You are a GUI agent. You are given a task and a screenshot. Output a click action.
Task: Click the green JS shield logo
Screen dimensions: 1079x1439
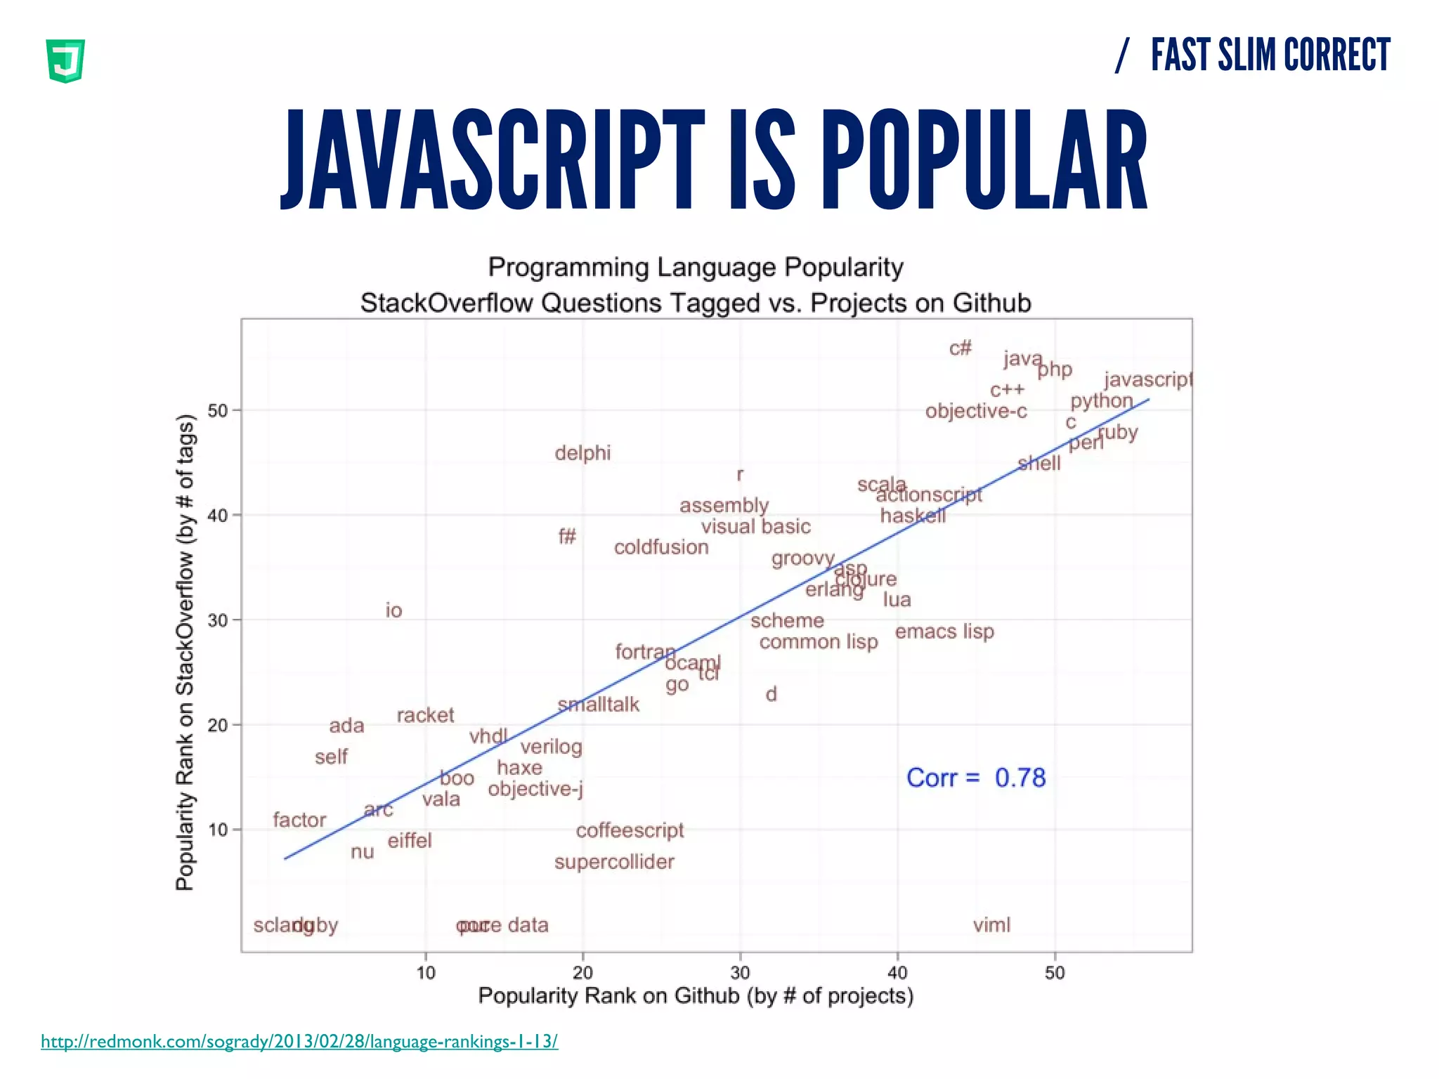point(65,61)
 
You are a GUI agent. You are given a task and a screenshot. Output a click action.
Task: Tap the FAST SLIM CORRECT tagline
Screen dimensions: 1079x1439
point(1270,55)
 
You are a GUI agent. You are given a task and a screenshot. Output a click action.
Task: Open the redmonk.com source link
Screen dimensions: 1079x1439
point(299,1041)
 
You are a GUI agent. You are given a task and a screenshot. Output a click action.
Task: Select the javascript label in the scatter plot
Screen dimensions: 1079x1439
point(1147,380)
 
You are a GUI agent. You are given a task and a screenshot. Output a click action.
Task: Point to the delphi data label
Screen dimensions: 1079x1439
point(582,453)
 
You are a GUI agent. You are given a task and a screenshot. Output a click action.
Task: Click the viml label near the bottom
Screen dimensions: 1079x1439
point(991,925)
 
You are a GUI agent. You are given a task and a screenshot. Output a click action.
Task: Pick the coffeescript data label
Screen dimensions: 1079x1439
point(630,830)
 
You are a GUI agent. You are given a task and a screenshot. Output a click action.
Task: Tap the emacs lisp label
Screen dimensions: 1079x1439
point(944,632)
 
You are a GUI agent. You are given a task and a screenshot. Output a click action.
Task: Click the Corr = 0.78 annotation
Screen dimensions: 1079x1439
point(976,778)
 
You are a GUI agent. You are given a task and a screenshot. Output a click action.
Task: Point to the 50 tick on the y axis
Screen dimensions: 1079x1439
point(219,410)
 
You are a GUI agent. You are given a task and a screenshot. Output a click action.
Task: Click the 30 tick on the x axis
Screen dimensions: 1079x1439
point(740,973)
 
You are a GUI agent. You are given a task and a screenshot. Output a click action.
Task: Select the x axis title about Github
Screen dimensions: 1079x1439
point(696,996)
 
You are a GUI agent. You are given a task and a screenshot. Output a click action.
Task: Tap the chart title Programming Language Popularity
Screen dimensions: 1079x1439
point(696,268)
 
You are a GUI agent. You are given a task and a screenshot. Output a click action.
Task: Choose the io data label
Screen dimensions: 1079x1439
point(393,610)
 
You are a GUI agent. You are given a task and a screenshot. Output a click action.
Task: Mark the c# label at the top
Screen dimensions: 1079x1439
point(960,348)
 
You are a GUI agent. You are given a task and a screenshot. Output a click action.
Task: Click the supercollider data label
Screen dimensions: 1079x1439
point(614,862)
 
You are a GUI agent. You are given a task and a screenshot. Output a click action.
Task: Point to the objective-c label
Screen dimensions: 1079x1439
point(976,412)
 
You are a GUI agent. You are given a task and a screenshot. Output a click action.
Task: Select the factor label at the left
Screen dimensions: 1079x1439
point(299,820)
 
